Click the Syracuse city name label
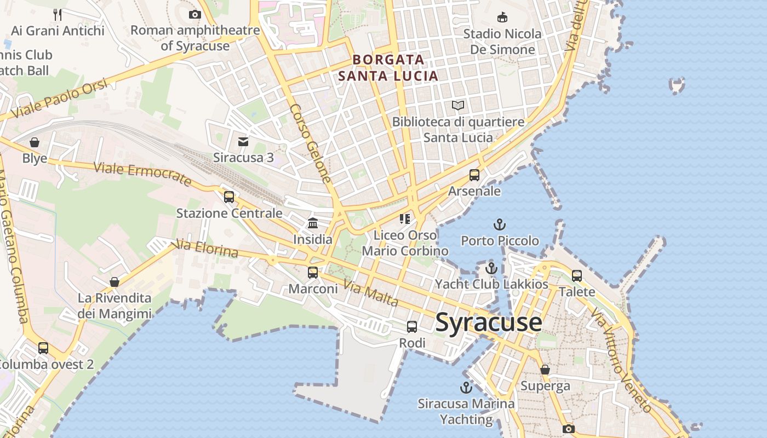pyautogui.click(x=488, y=322)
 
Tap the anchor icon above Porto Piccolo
pyautogui.click(x=499, y=224)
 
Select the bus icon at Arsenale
pyautogui.click(x=474, y=175)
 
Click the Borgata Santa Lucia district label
pyautogui.click(x=388, y=67)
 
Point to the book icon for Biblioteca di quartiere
pyautogui.click(x=458, y=105)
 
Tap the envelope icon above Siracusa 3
pyautogui.click(x=243, y=142)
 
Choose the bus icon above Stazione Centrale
pyautogui.click(x=229, y=197)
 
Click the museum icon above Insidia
pyautogui.click(x=313, y=223)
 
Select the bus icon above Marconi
pyautogui.click(x=313, y=272)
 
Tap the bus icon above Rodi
pyautogui.click(x=412, y=327)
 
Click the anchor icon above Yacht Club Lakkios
pyautogui.click(x=491, y=268)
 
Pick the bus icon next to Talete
pyautogui.click(x=577, y=275)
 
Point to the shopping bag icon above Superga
pyautogui.click(x=545, y=370)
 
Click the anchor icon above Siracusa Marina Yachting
pyautogui.click(x=466, y=388)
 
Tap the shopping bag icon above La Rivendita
pyautogui.click(x=115, y=282)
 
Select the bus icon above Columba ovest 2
pyautogui.click(x=43, y=348)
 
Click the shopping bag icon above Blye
pyautogui.click(x=35, y=142)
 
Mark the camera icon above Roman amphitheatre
pyautogui.click(x=195, y=14)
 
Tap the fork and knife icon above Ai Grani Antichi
pyautogui.click(x=58, y=14)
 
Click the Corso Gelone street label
pyautogui.click(x=311, y=143)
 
